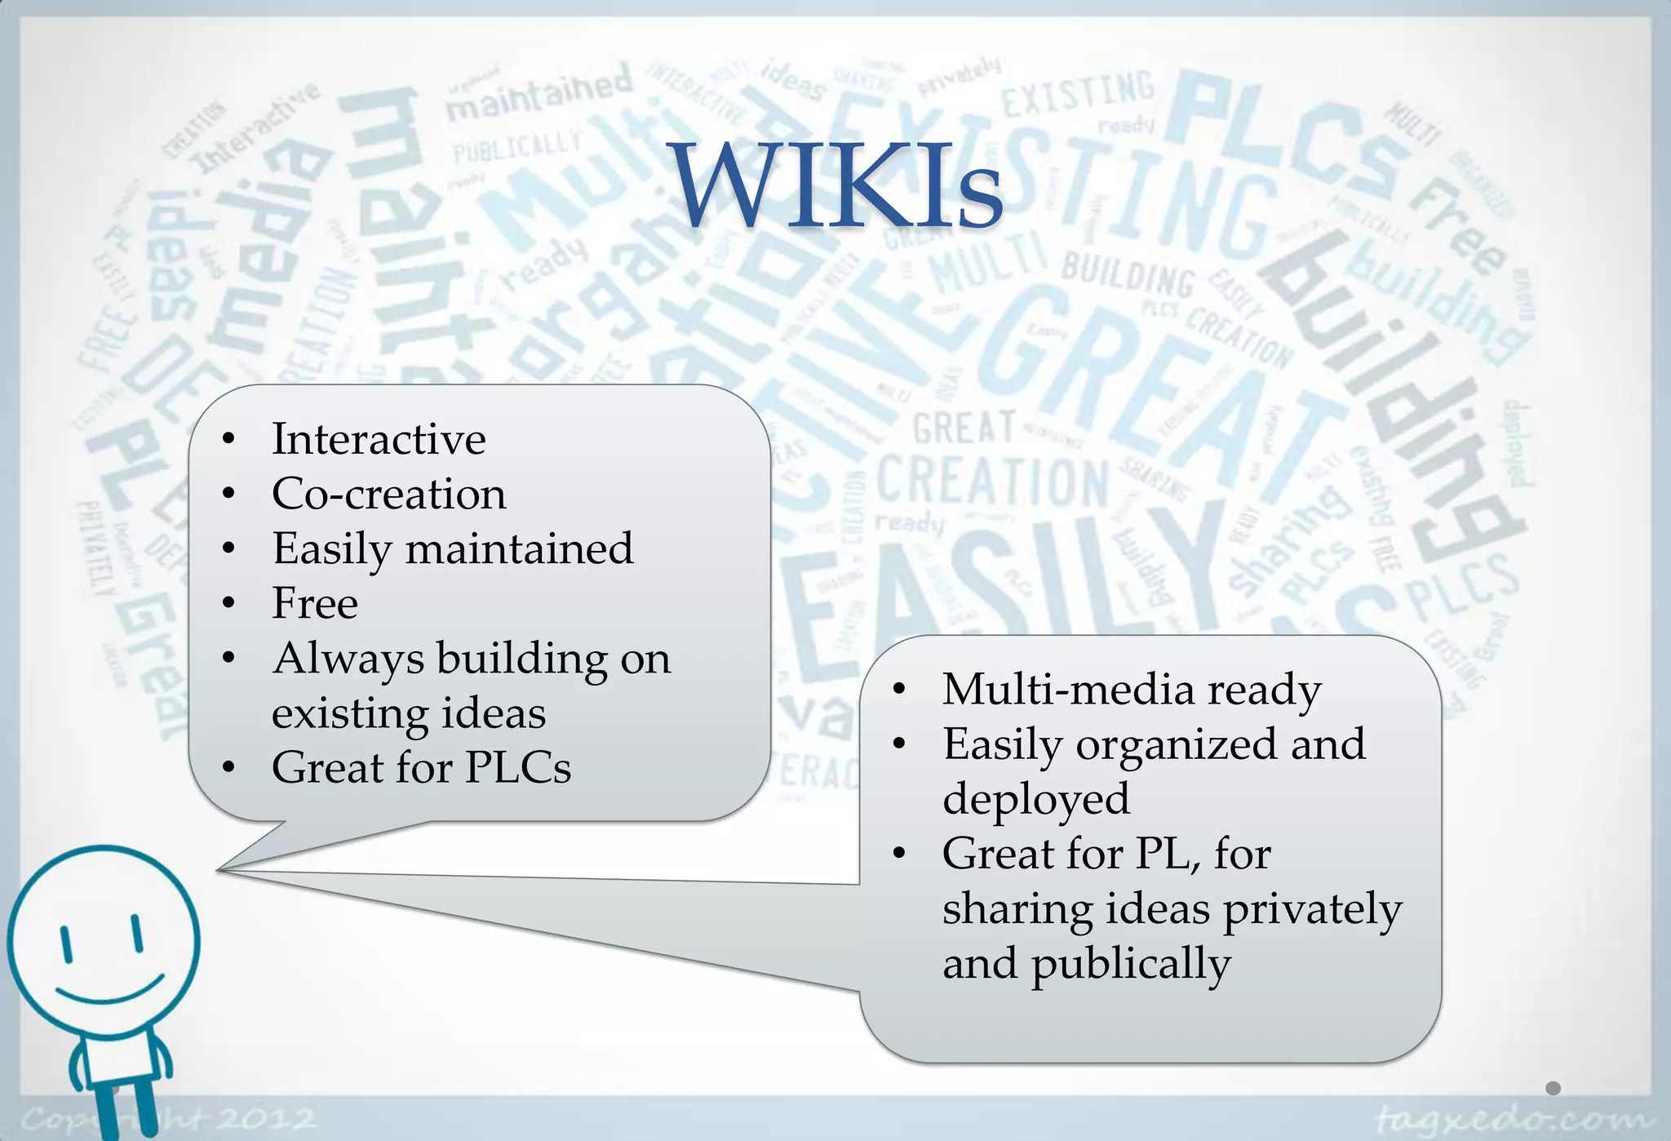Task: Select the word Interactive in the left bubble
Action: [379, 439]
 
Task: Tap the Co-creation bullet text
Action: [388, 494]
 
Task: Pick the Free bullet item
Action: [314, 603]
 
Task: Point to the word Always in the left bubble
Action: [348, 659]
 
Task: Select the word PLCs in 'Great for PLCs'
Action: [518, 767]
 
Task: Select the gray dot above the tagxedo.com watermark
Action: [1553, 1088]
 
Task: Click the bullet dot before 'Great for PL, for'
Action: [899, 855]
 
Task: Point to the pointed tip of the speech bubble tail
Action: [219, 871]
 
